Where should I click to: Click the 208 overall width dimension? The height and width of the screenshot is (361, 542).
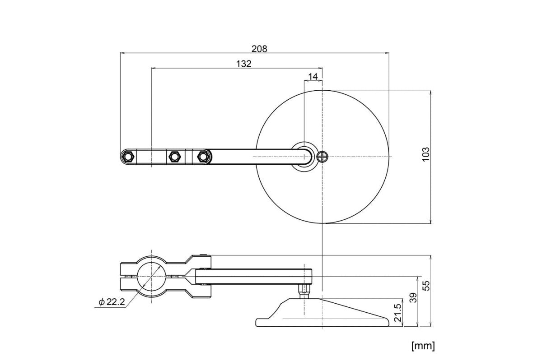[260, 48]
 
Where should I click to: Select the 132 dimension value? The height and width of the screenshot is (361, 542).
[243, 64]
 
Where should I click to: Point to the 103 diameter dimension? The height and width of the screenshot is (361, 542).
[425, 156]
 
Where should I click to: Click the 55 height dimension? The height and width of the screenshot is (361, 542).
[426, 285]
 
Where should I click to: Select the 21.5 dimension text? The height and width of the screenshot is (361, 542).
[397, 312]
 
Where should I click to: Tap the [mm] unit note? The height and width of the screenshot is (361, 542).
[423, 346]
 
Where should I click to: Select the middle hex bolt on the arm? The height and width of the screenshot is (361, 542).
[174, 157]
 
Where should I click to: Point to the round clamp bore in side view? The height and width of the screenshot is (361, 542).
[152, 277]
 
